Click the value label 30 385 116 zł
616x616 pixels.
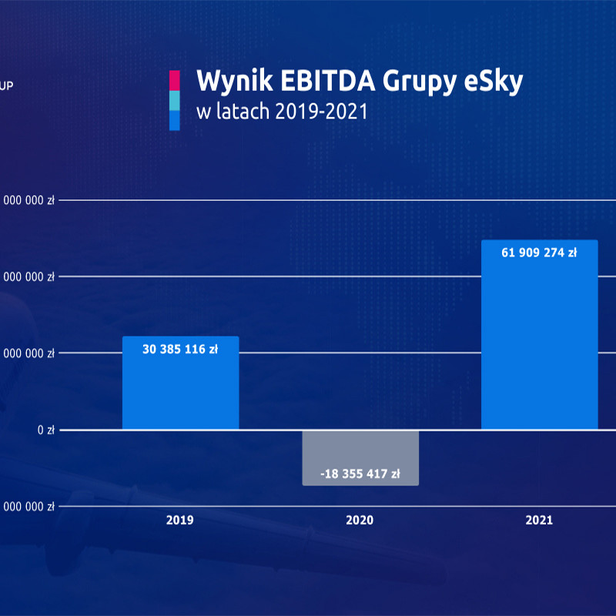(180, 349)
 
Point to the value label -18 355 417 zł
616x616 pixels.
(360, 474)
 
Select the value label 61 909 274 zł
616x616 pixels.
(539, 252)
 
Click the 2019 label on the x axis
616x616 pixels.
(180, 521)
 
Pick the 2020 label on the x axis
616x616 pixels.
(360, 521)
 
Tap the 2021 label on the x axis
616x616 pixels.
(539, 521)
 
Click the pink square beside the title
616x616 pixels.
(174, 80)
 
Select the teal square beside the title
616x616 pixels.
(174, 100)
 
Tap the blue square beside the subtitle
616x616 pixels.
(174, 120)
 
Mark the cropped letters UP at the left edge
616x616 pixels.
(7, 87)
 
